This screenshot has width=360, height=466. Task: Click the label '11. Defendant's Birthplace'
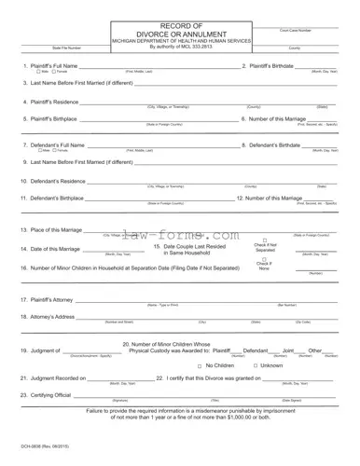point(53,198)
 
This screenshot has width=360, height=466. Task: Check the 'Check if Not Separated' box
point(266,241)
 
